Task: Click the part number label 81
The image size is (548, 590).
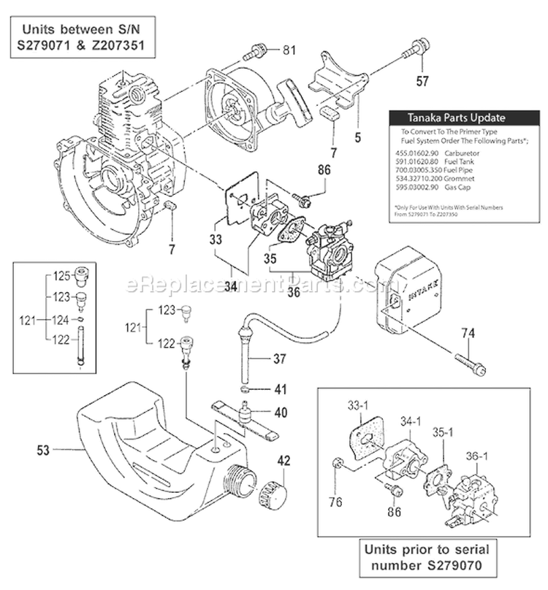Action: pos(291,50)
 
